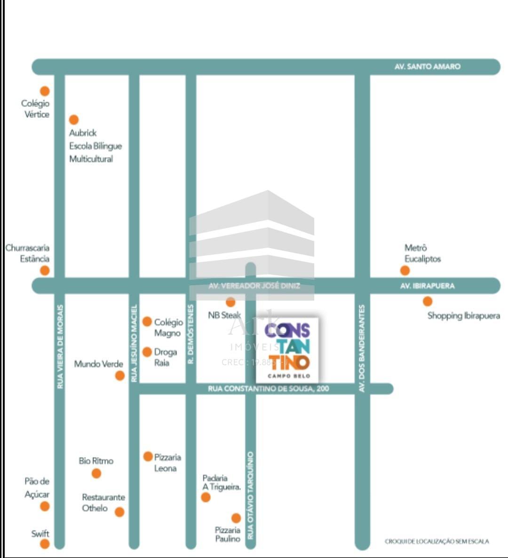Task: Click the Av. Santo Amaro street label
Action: coord(427,67)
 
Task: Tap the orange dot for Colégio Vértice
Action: coord(45,91)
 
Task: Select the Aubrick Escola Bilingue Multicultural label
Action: coord(95,146)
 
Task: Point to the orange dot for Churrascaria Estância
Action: coord(45,270)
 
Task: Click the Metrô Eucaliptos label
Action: coord(422,253)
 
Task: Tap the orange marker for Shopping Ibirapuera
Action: coord(427,301)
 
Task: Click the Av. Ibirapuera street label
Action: coord(427,286)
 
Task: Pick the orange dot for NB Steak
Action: coord(230,302)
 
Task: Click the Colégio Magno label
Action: coord(168,327)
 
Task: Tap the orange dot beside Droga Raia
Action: coord(147,352)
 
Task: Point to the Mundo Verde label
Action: coord(98,364)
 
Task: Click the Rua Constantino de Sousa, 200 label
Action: coord(269,389)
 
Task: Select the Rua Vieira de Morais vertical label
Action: coord(60,347)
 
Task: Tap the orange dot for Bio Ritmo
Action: coord(96,473)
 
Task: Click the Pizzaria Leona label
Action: coord(167,463)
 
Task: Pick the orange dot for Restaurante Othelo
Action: coord(119,512)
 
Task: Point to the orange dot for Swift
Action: coord(45,544)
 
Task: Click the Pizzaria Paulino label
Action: coord(228,534)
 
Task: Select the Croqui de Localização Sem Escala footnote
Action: coord(437,542)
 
